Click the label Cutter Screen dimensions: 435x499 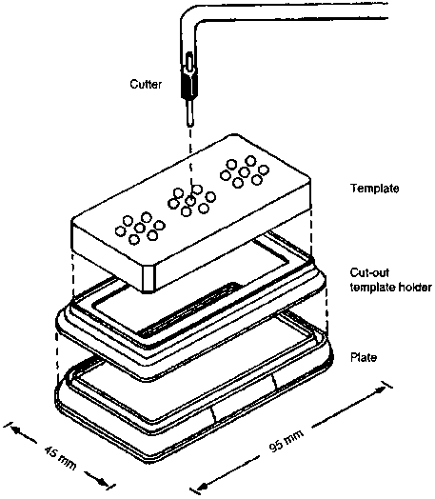(x=146, y=85)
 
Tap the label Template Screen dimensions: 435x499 (x=375, y=189)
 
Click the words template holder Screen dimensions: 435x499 (x=391, y=288)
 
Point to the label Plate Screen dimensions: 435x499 (x=364, y=357)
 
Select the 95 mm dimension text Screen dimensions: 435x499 (x=287, y=441)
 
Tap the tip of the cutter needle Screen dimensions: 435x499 (x=189, y=124)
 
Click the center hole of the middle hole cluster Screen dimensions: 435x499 (x=190, y=201)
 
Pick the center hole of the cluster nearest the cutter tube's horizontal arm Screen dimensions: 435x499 (x=245, y=172)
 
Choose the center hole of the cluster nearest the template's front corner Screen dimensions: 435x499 (x=139, y=228)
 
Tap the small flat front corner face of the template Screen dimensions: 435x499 (x=149, y=279)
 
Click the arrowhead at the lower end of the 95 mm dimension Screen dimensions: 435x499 (x=200, y=487)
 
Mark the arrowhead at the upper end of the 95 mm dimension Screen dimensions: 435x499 (x=382, y=389)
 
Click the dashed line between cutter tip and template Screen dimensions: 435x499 (x=190, y=162)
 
